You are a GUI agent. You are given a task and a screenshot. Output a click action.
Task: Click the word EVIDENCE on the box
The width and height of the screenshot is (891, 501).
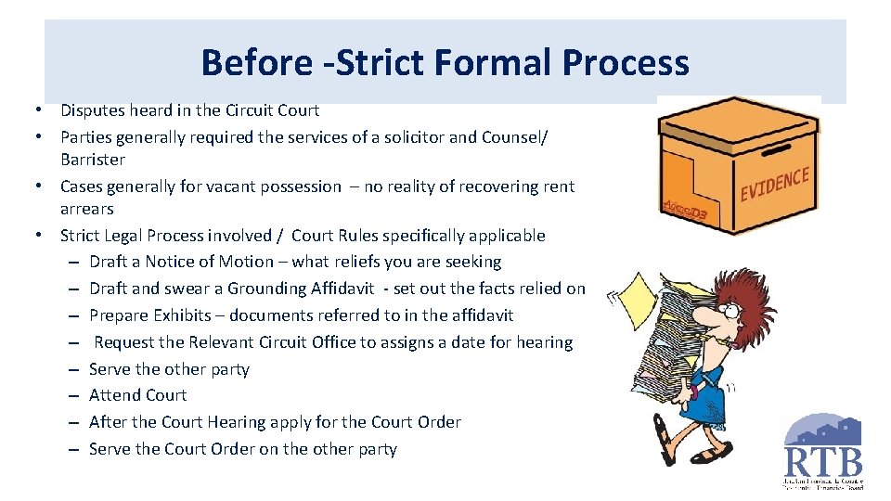pyautogui.click(x=774, y=184)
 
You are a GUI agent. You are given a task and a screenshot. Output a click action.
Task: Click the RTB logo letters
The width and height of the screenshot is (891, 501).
pyautogui.click(x=823, y=461)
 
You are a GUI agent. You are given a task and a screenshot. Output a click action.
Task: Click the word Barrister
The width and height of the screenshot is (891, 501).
pyautogui.click(x=93, y=160)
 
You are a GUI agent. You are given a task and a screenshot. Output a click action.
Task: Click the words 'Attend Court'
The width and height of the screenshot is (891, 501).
pyautogui.click(x=137, y=395)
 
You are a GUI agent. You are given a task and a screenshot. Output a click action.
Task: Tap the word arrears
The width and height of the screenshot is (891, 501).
pyautogui.click(x=87, y=209)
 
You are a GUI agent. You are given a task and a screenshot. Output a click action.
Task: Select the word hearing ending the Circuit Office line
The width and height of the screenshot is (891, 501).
pyautogui.click(x=543, y=342)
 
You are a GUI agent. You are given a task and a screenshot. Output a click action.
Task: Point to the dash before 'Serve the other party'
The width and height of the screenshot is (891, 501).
pyautogui.click(x=73, y=369)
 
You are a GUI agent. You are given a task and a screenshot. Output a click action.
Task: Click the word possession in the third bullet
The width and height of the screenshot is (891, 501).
pyautogui.click(x=299, y=186)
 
